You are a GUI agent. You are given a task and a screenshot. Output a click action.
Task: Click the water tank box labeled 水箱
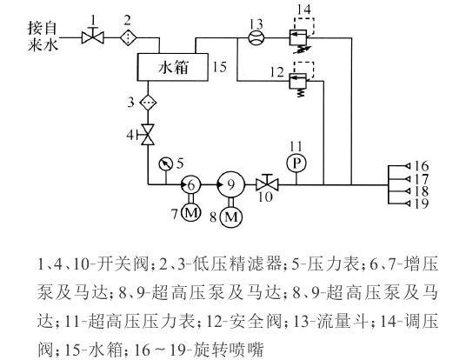click(x=173, y=67)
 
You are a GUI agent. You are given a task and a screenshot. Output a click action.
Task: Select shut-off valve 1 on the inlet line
click(x=93, y=38)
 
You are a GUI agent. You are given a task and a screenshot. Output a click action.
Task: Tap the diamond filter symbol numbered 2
click(x=129, y=38)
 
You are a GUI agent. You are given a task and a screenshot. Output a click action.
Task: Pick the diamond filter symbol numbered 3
click(x=148, y=103)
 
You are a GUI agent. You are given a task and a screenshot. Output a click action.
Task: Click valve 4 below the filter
click(x=148, y=135)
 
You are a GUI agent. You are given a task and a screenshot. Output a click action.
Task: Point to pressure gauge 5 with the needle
click(x=165, y=163)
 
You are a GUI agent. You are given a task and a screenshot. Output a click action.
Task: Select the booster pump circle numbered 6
click(x=190, y=184)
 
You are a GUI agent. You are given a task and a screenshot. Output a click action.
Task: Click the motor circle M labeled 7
click(x=190, y=213)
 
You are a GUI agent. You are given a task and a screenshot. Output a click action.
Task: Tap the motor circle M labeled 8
click(x=231, y=217)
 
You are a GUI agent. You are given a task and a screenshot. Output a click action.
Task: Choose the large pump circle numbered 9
click(x=231, y=184)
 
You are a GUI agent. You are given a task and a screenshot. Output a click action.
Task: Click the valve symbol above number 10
click(x=267, y=183)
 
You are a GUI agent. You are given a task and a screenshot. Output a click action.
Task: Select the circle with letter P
click(x=296, y=163)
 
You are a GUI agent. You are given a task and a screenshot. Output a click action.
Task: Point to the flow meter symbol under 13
click(x=256, y=38)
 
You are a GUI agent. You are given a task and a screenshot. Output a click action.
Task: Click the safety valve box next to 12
click(x=298, y=81)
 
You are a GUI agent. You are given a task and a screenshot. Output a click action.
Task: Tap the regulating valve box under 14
click(x=298, y=37)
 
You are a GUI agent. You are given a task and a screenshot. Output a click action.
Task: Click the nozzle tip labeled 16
click(x=408, y=165)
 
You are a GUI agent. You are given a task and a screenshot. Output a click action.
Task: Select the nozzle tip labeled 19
click(x=408, y=203)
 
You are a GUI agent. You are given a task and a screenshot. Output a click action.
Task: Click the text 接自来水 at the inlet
click(x=43, y=37)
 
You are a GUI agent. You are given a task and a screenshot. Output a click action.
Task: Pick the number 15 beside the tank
click(x=220, y=67)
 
